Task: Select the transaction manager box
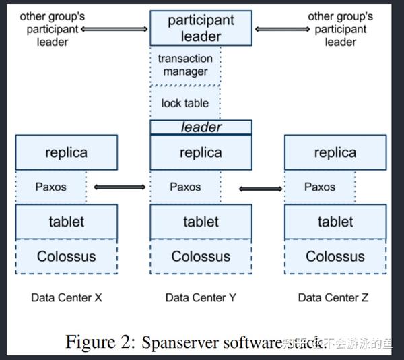point(185,65)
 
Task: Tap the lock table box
point(185,103)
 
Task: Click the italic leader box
point(201,127)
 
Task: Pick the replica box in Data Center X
point(66,152)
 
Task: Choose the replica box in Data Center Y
point(201,152)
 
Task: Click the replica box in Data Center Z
point(335,152)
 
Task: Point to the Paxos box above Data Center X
point(50,187)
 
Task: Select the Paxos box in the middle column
point(185,187)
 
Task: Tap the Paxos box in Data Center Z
point(320,187)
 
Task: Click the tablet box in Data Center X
point(66,222)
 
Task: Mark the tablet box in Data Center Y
point(201,222)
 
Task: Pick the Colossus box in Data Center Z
point(335,257)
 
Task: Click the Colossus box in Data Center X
point(66,257)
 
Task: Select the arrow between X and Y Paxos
point(119,187)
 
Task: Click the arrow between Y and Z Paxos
point(261,189)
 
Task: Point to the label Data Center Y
point(201,297)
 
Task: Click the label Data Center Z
point(333,297)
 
